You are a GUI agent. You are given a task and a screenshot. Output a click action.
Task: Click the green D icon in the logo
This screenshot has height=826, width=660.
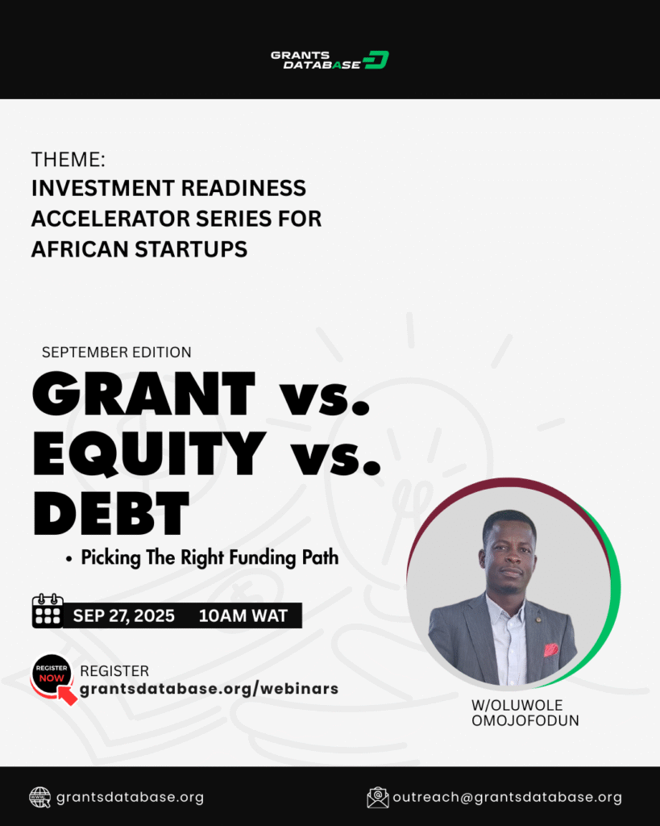coord(376,60)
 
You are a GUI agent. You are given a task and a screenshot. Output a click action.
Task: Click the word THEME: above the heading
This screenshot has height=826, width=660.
coord(68,160)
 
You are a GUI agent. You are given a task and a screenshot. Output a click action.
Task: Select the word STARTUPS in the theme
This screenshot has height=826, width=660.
coord(191,249)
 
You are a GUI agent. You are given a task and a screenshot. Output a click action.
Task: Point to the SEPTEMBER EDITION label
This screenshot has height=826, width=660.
coord(116,352)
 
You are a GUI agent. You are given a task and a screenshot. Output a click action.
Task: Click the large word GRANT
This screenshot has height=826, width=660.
coord(143,394)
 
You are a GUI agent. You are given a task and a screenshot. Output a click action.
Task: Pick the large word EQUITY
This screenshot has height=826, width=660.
coord(149,453)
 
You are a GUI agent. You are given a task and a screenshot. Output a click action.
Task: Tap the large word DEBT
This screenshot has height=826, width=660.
coord(110,513)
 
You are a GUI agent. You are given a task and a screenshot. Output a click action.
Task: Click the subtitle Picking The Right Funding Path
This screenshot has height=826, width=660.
coord(210,558)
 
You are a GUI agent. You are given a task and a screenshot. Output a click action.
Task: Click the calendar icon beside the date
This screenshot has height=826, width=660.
coord(48,611)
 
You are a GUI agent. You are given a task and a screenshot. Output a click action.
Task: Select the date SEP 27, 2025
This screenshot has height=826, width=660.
coord(123,615)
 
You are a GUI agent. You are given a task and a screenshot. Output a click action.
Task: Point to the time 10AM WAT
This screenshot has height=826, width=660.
coord(243,615)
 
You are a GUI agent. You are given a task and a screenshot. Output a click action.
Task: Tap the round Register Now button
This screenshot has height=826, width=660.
coord(52,674)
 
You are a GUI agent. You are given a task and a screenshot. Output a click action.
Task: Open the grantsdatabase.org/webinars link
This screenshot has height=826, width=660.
coord(209,689)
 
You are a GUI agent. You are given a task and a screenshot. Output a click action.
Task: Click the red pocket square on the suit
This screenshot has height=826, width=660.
coord(550,649)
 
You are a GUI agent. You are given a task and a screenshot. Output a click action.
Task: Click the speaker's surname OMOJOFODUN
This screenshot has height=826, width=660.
coord(525,720)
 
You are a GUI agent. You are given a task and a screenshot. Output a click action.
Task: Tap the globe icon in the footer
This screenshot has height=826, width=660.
coord(40,797)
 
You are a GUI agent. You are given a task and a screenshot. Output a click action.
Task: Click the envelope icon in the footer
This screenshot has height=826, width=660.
coord(377,798)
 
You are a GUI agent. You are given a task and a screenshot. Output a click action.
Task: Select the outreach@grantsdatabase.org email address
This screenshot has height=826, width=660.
coord(508,798)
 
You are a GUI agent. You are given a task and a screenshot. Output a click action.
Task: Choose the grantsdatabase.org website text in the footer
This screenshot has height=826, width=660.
coord(130,798)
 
